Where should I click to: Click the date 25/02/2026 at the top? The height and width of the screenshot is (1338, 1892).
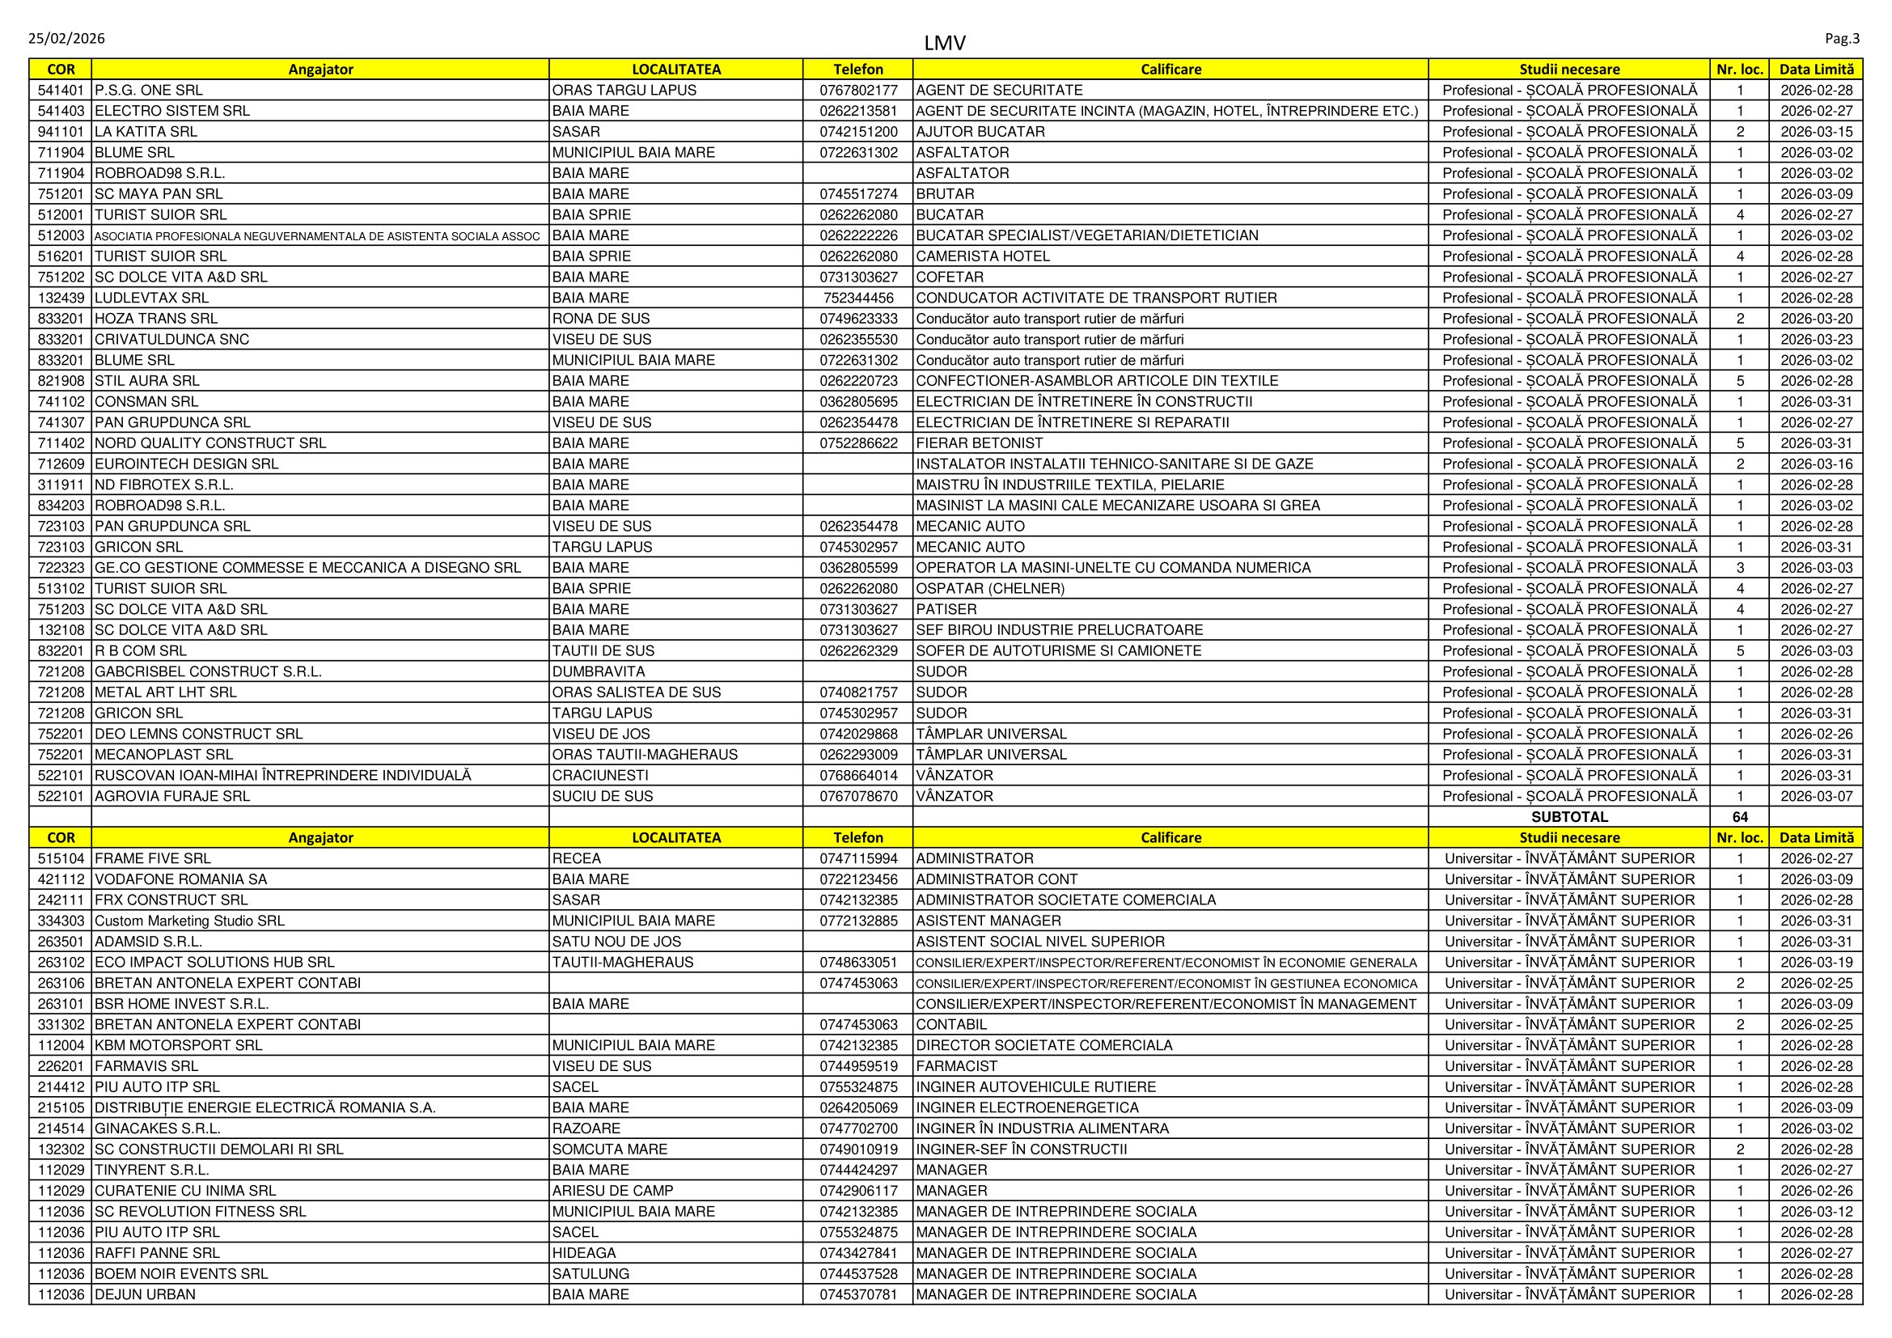pos(67,39)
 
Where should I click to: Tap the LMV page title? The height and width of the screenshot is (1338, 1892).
pos(944,43)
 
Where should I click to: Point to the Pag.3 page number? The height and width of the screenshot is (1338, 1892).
pos(1842,39)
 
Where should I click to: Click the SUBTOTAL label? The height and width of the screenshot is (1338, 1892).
pos(1569,816)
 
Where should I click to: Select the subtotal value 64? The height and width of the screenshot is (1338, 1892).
pos(1740,816)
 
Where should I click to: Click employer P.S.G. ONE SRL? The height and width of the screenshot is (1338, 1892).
pos(148,91)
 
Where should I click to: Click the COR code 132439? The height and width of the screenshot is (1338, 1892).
pos(61,299)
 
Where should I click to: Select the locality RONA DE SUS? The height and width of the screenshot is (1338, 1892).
pos(601,319)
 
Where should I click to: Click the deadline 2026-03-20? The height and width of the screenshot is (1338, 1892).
pos(1816,319)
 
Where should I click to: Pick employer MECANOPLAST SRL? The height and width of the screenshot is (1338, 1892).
pos(163,755)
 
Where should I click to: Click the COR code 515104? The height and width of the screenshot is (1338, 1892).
pos(61,858)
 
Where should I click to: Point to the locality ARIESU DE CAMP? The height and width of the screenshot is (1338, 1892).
pos(612,1191)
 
